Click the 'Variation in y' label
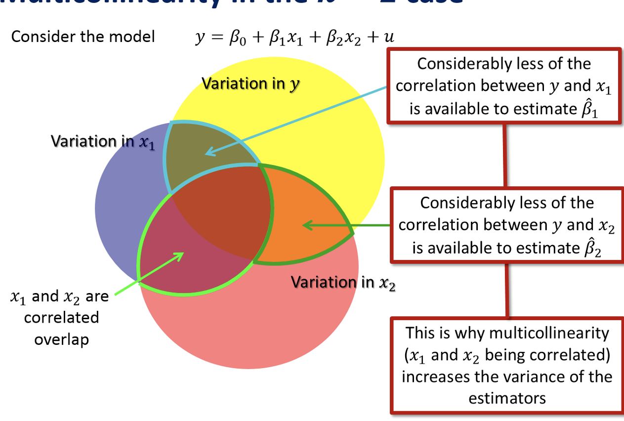click(x=250, y=84)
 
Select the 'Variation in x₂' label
click(x=343, y=282)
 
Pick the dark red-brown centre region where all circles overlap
click(x=222, y=208)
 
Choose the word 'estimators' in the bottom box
click(x=507, y=398)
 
